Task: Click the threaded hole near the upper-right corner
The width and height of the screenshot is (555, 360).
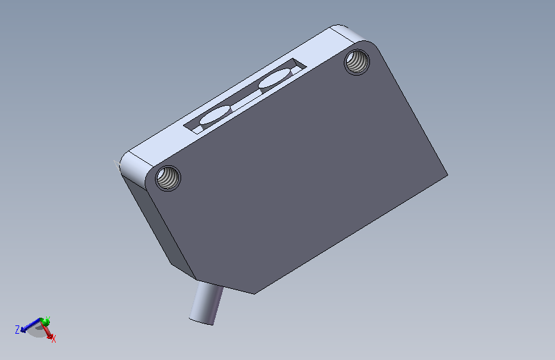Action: coord(357,62)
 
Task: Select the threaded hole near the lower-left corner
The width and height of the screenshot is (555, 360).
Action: coord(168,178)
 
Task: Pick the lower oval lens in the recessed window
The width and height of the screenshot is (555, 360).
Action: coord(215,115)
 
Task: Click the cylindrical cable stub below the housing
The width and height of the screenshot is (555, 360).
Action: coord(207,302)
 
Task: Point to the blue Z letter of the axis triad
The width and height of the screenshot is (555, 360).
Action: coord(17,330)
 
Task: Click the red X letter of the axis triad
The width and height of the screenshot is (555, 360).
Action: coord(54,340)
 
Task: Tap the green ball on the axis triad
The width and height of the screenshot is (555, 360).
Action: coord(45,322)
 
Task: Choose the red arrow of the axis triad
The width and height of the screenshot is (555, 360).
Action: coord(48,330)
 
